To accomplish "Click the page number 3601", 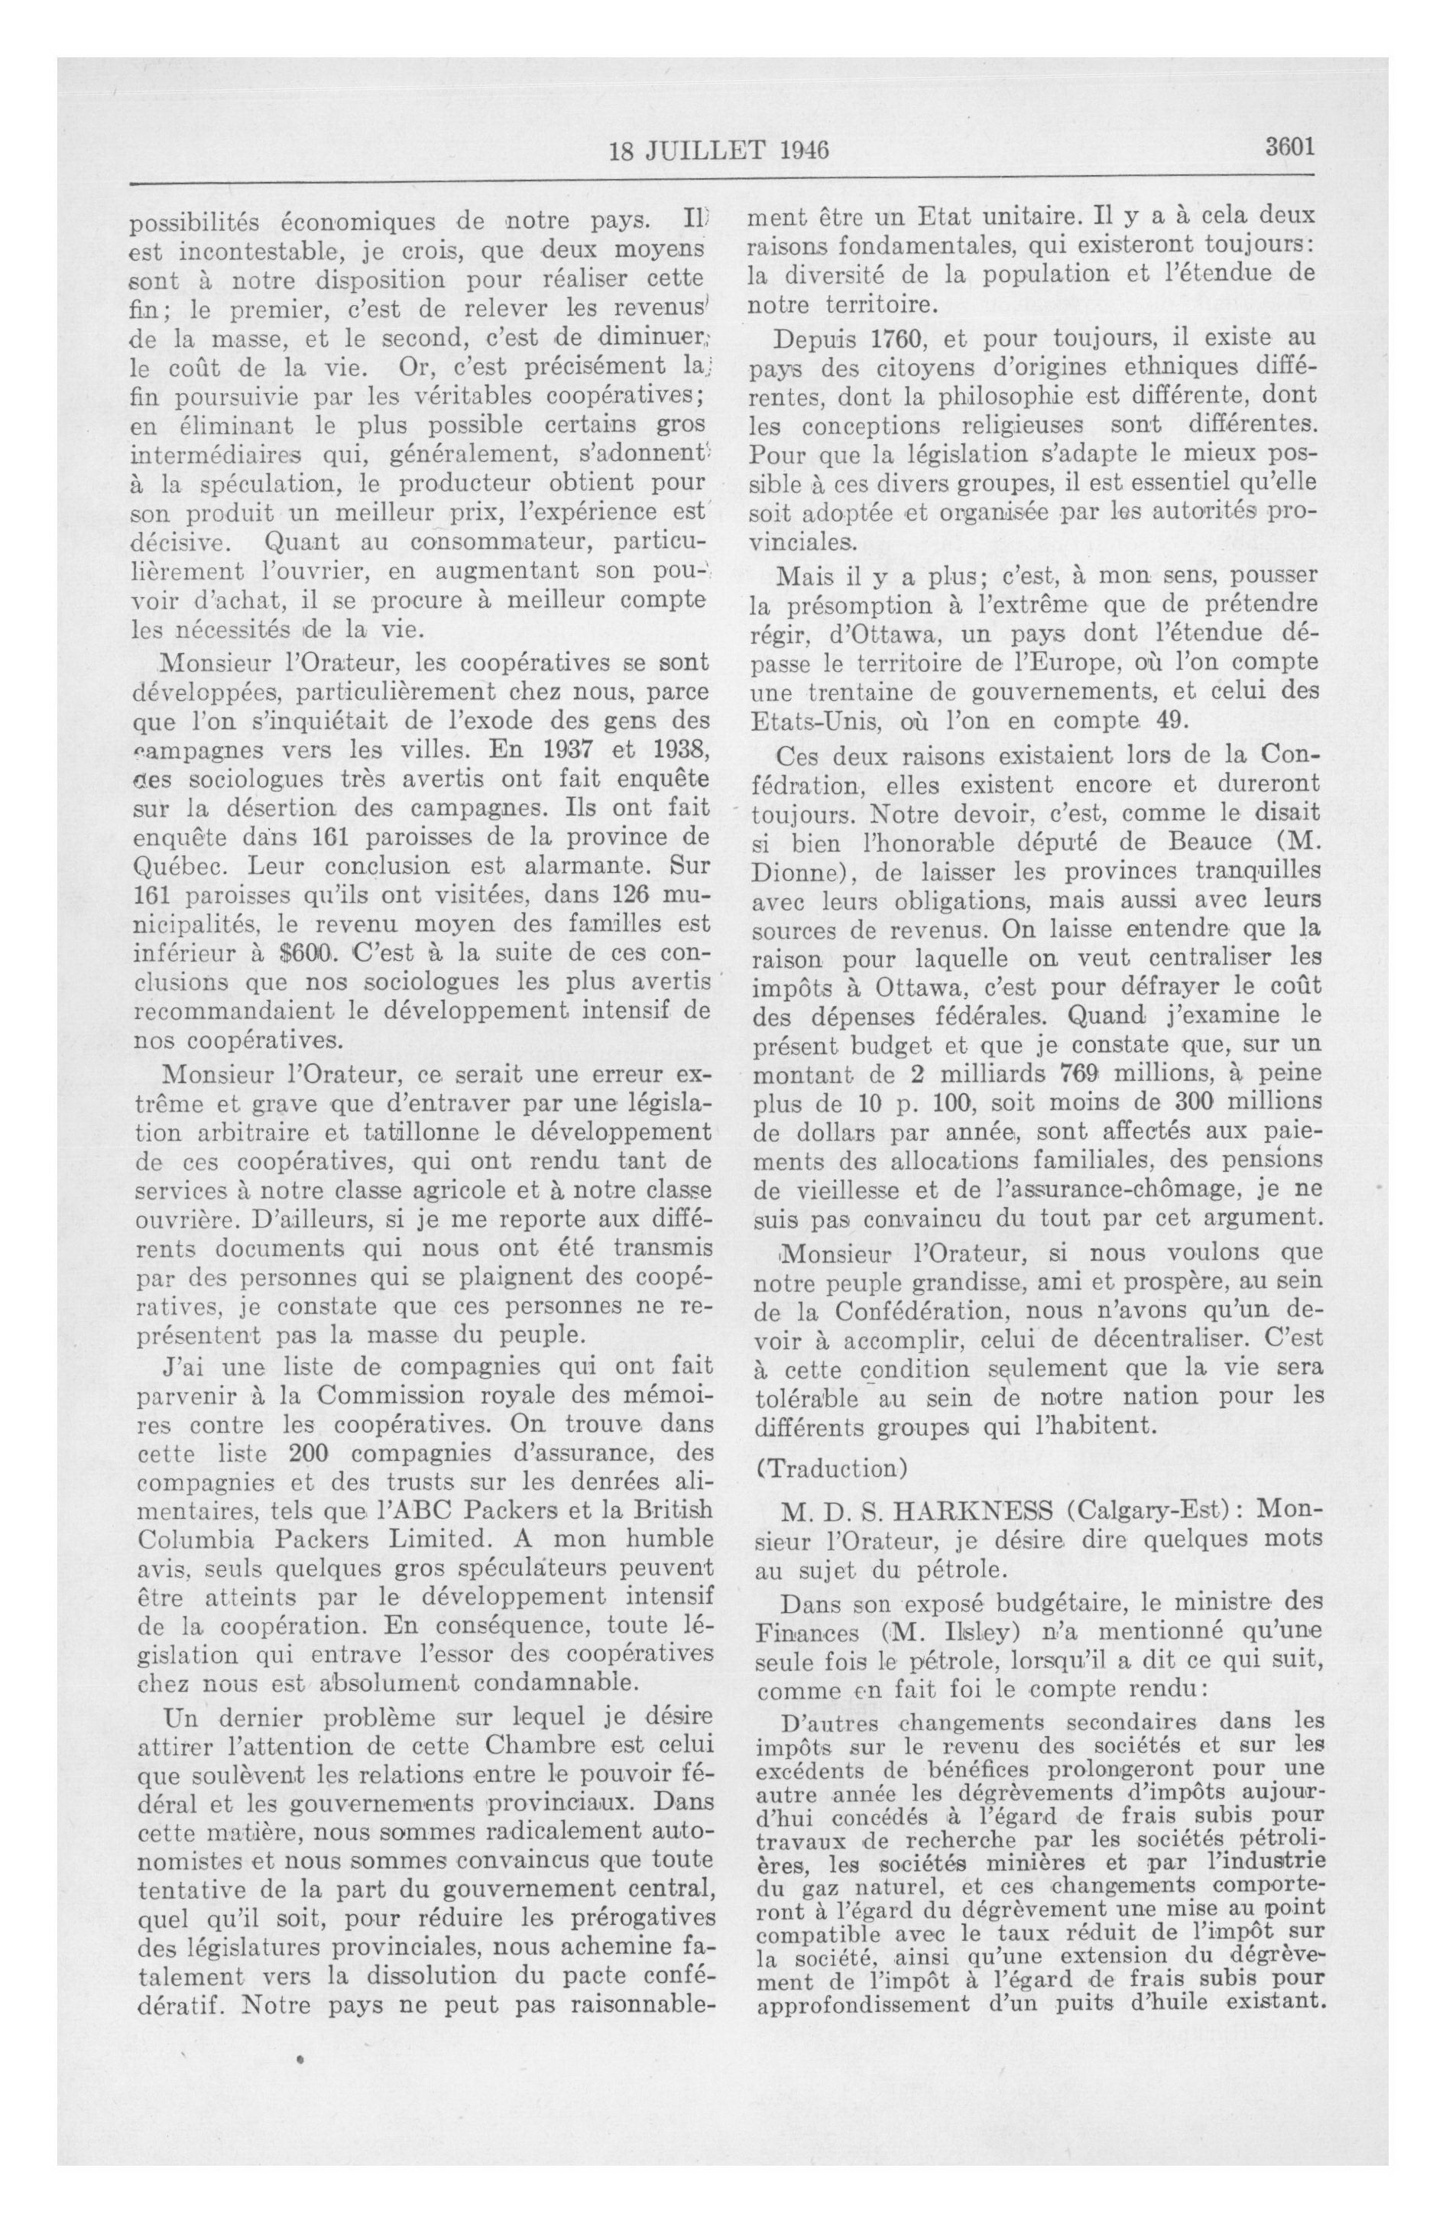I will [x=1290, y=147].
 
